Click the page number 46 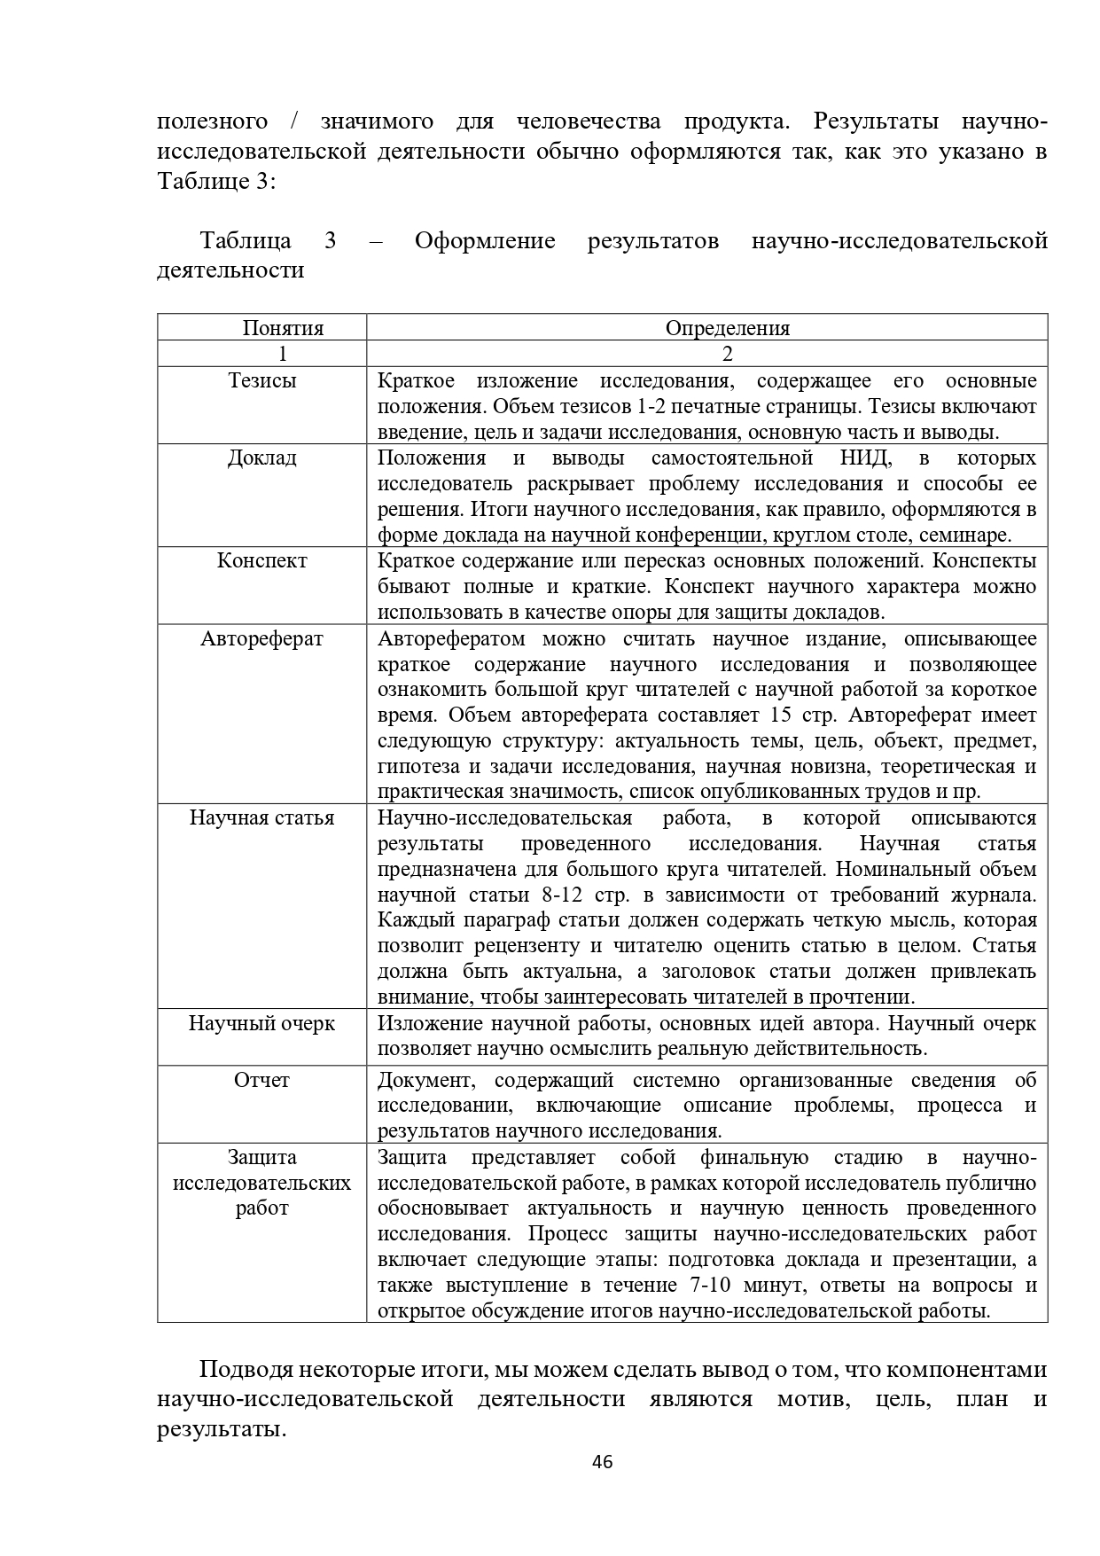coord(602,1462)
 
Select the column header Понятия coord(283,328)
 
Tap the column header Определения coord(727,328)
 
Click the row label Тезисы coord(262,380)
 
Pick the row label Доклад coord(262,458)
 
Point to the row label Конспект coord(262,561)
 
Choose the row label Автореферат coord(262,639)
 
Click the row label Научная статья coord(262,817)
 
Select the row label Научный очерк coord(262,1023)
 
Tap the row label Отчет coord(262,1080)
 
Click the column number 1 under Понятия coord(283,354)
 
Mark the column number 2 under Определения coord(727,354)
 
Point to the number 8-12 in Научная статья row coord(559,895)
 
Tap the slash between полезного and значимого coord(294,121)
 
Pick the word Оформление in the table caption coord(485,241)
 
